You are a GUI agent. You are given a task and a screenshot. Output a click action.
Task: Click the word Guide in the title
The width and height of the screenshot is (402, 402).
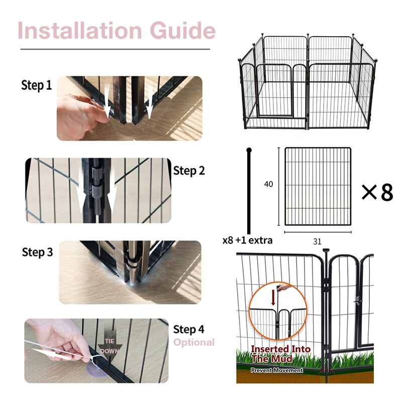pos(182,30)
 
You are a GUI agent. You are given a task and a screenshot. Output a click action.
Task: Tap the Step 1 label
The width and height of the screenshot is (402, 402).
pos(36,85)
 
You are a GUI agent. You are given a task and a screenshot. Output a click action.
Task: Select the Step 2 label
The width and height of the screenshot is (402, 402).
pos(189,171)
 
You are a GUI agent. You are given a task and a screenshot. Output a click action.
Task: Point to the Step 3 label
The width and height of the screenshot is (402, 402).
pos(37,252)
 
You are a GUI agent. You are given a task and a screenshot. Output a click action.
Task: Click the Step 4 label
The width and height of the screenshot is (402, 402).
pos(189,330)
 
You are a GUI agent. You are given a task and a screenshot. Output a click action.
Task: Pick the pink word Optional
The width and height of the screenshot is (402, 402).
pos(194,343)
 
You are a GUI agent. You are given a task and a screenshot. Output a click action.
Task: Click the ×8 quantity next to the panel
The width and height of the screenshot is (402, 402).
pos(377,192)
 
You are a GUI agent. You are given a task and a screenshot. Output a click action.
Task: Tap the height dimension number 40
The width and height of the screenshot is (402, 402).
pos(268,184)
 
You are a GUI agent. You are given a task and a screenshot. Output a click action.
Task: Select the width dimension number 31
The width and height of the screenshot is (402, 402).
pos(317,242)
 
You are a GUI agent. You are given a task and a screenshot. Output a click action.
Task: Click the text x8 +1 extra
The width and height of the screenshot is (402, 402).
pos(247,241)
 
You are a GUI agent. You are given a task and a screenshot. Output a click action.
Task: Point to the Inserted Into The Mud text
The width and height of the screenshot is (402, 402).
pos(280,354)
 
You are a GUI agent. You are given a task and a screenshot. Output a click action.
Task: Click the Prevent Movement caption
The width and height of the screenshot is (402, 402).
pos(277,370)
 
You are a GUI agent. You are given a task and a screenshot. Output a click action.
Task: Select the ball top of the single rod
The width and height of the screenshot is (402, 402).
pos(249,150)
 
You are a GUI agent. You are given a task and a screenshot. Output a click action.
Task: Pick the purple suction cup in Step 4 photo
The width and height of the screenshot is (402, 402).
pos(96,369)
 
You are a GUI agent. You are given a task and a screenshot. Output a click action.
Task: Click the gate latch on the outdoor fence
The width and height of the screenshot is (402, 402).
pos(358,300)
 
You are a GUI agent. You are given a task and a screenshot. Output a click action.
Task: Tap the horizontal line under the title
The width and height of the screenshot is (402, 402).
pos(115,49)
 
